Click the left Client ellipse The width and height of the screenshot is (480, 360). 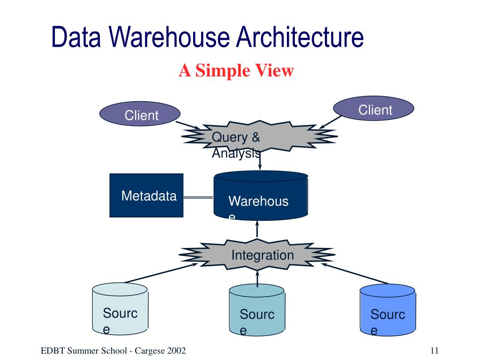140,113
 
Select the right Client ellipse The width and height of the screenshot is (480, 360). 374,108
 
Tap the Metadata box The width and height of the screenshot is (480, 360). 146,195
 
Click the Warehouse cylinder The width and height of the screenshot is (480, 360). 261,195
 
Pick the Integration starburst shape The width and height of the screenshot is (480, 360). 257,255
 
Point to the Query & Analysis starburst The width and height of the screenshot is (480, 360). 260,136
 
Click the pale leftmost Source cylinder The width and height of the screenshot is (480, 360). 120,308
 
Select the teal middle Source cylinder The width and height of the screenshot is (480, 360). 257,310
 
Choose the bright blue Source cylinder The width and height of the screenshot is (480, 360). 388,310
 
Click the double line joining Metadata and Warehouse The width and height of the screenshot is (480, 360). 198,197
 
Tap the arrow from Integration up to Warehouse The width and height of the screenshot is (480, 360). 257,229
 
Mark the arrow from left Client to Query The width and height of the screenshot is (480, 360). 187,125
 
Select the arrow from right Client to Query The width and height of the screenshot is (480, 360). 330,122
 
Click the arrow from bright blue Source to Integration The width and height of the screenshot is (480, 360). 354,273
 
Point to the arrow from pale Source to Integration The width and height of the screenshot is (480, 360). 161,273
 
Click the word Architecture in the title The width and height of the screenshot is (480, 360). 300,37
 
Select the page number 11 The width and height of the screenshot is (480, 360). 435,351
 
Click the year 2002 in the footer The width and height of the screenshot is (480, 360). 176,351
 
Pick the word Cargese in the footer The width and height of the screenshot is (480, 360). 150,351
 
